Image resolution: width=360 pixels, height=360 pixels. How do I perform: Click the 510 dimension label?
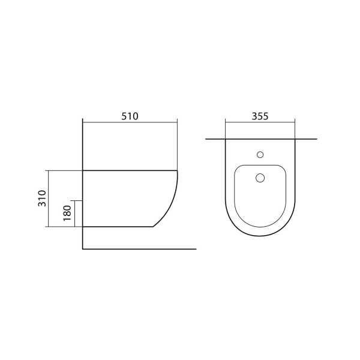point(130,116)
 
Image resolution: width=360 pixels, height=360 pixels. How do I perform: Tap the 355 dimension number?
point(260,116)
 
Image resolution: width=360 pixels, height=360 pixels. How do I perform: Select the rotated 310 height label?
point(42,199)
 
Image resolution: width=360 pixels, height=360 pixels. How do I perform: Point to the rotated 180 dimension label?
point(67,213)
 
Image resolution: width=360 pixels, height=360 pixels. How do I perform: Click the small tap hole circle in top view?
point(260,155)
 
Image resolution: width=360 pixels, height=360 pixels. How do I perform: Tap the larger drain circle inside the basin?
point(260,178)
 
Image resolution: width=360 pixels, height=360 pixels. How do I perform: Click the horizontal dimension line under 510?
point(130,122)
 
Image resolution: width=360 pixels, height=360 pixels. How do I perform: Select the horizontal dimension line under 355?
point(260,122)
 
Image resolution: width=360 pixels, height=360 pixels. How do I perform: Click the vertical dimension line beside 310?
point(49,199)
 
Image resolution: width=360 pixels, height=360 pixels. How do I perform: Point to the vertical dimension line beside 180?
point(75,214)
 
